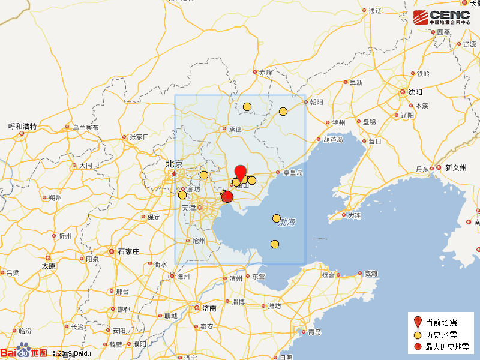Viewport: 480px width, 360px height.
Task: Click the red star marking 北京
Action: pyautogui.click(x=174, y=174)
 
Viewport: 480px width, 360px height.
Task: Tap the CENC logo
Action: pyautogui.click(x=441, y=17)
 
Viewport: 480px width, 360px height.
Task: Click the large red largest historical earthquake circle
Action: pyautogui.click(x=227, y=197)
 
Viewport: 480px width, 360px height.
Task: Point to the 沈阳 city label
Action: pyautogui.click(x=415, y=92)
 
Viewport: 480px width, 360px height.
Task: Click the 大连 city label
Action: pyautogui.click(x=354, y=215)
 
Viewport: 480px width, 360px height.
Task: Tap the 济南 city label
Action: pyautogui.click(x=209, y=308)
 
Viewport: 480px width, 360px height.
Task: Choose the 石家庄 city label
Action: pyautogui.click(x=128, y=251)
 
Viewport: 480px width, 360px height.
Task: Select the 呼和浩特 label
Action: pyautogui.click(x=22, y=127)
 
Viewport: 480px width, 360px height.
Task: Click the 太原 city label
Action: pyautogui.click(x=49, y=266)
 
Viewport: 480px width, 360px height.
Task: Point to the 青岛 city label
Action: pyautogui.click(x=314, y=332)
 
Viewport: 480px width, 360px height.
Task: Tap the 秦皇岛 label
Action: pyautogui.click(x=293, y=173)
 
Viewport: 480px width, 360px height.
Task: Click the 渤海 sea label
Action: pyautogui.click(x=287, y=223)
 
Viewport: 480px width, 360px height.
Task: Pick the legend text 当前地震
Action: pyautogui.click(x=441, y=322)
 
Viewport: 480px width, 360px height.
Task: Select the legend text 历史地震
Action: pyautogui.click(x=441, y=334)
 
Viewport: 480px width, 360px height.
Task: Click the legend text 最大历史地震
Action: pyautogui.click(x=447, y=347)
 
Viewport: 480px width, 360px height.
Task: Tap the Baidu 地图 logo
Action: pyautogui.click(x=24, y=352)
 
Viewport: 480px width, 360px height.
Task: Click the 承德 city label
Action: pyautogui.click(x=235, y=129)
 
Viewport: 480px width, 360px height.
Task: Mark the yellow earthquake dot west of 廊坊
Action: pyautogui.click(x=182, y=194)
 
